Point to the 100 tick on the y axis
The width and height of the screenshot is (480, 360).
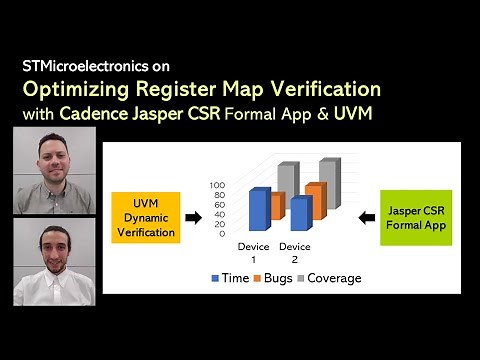[x=218, y=185]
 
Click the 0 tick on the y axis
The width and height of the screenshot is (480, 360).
[x=222, y=233]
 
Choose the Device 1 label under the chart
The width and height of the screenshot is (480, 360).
[x=254, y=251]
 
